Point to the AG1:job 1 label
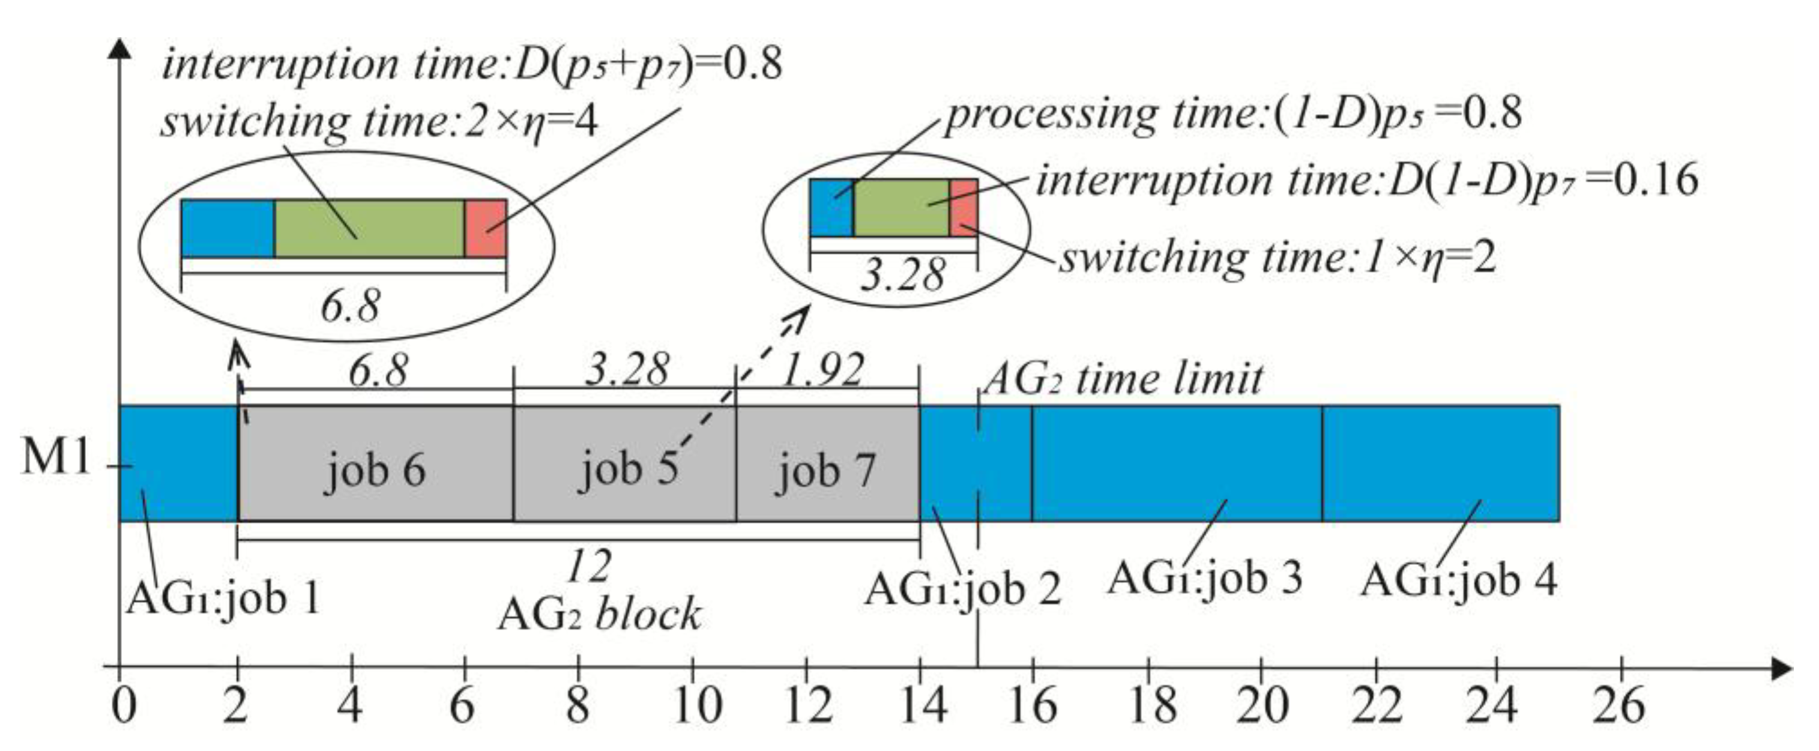[x=223, y=599]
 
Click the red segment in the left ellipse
[x=485, y=228]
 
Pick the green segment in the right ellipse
[x=901, y=207]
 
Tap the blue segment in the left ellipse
[x=228, y=228]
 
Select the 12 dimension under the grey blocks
[x=590, y=565]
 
